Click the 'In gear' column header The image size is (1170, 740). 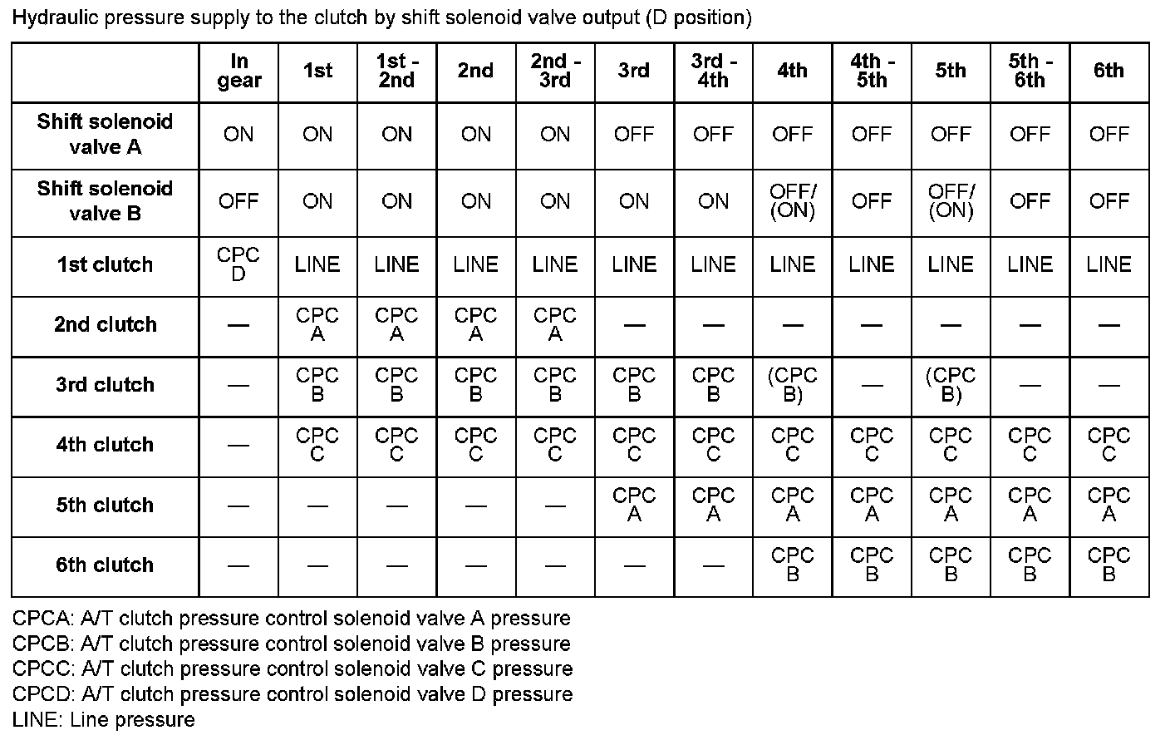click(238, 72)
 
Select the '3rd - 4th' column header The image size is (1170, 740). click(712, 72)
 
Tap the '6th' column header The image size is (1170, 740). click(1109, 72)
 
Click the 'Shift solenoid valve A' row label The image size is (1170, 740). click(105, 135)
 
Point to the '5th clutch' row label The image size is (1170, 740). click(105, 506)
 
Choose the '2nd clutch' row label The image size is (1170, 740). click(105, 324)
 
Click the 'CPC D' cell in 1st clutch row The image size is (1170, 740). click(238, 265)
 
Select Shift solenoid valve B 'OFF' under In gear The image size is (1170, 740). click(238, 201)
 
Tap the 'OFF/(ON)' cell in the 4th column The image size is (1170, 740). click(792, 201)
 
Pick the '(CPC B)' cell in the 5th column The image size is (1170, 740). click(950, 385)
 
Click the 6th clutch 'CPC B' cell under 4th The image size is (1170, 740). click(792, 565)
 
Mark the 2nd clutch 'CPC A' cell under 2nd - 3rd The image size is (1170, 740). click(554, 324)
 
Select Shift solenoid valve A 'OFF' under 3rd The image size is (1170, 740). click(633, 135)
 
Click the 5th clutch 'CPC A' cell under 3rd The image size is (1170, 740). click(633, 506)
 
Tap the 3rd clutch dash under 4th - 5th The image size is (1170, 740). click(871, 385)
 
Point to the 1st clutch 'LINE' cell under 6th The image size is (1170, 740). click(1109, 265)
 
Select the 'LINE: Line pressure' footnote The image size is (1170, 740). click(104, 720)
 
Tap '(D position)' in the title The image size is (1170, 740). click(698, 18)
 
